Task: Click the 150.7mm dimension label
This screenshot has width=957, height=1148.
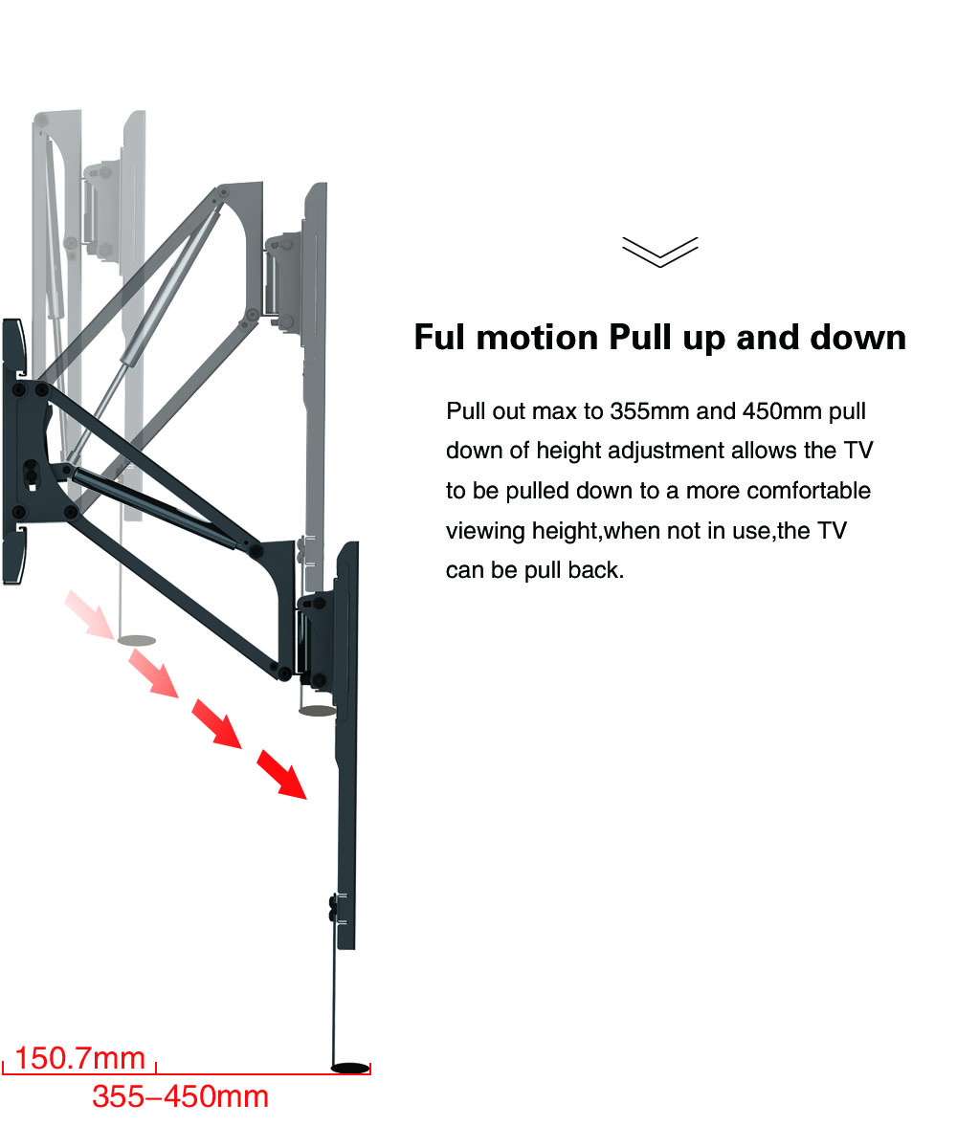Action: click(x=80, y=1058)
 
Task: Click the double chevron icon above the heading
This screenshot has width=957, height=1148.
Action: click(x=660, y=253)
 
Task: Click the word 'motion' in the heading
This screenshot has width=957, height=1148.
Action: click(x=537, y=337)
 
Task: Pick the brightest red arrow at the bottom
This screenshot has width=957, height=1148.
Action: click(x=281, y=774)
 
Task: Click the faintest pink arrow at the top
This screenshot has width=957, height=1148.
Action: click(x=90, y=615)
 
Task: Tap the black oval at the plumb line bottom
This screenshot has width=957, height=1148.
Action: click(x=350, y=1068)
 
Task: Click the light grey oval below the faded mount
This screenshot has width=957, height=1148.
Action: click(x=137, y=641)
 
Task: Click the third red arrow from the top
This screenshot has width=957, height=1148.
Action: click(x=216, y=723)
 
